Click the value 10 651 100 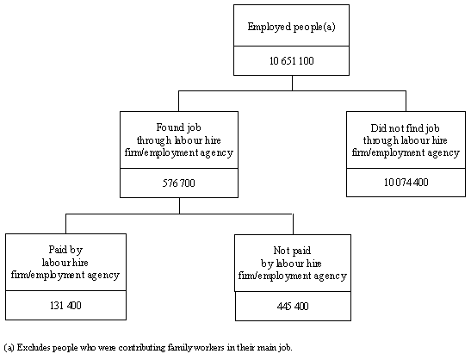click(x=292, y=61)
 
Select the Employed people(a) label click(x=292, y=27)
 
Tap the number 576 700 click(x=179, y=183)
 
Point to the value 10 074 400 click(x=406, y=183)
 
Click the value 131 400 click(x=65, y=305)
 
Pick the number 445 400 click(x=292, y=305)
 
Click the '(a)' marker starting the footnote click(x=10, y=348)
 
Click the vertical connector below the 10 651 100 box click(x=292, y=82)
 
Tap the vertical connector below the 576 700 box click(x=179, y=204)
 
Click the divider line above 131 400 click(x=65, y=291)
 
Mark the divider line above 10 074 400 click(x=406, y=169)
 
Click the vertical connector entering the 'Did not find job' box click(x=406, y=100)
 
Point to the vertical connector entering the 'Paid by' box click(x=65, y=222)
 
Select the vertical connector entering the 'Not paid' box click(x=292, y=222)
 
